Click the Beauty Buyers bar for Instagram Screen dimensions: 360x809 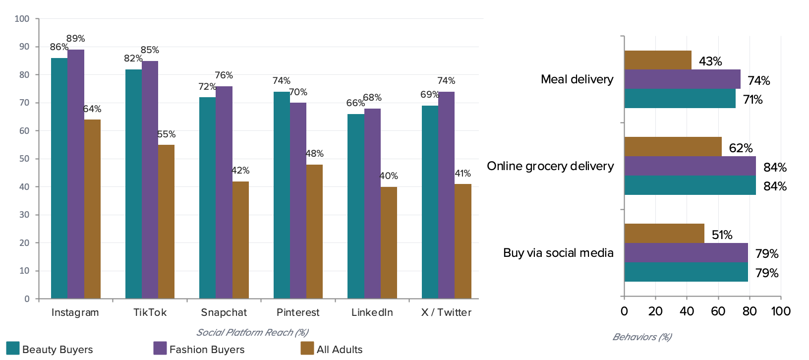59,179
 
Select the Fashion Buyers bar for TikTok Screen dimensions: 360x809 150,180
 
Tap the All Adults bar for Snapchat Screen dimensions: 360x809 240,240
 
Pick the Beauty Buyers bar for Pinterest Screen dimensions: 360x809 282,195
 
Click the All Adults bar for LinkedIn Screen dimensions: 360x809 389,242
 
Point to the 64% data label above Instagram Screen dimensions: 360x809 92,109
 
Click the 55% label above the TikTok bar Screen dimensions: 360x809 167,134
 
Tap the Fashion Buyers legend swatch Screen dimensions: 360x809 160,348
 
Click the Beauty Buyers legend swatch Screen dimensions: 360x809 12,348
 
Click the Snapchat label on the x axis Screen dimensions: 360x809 224,312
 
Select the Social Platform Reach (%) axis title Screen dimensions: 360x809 252,332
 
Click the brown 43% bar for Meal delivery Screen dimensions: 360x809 658,60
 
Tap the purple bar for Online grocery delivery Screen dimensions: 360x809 690,166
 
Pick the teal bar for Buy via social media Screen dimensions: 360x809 686,272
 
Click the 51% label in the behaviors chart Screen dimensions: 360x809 722,235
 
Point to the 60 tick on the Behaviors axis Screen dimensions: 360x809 718,311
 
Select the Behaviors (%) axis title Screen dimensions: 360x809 642,337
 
